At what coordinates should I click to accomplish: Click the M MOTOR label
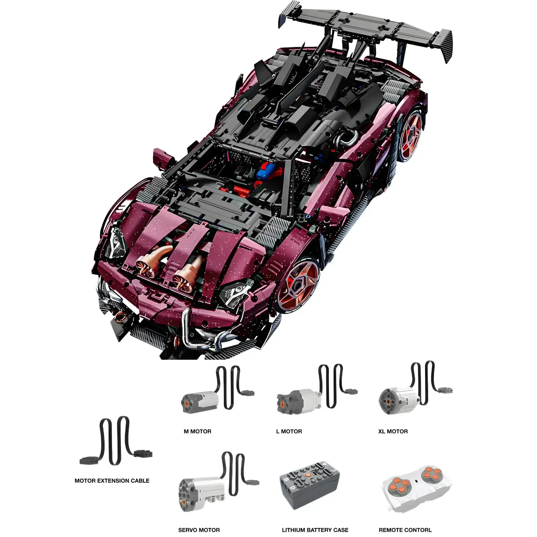(x=197, y=431)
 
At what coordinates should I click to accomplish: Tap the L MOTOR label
(x=289, y=431)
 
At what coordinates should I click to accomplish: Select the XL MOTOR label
(x=393, y=431)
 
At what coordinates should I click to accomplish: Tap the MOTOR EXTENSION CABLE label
(x=112, y=481)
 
